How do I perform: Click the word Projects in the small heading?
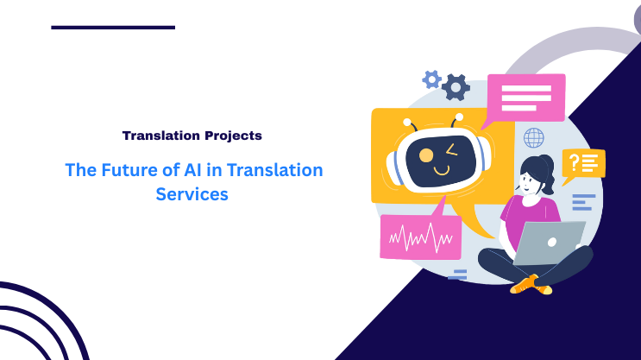click(232, 136)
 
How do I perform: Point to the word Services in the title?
click(192, 194)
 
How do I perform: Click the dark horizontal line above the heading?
click(113, 28)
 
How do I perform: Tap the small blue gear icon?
click(431, 79)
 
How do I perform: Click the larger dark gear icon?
click(456, 86)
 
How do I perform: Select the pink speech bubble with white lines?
click(525, 97)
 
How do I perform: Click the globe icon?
click(534, 137)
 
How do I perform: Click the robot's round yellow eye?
click(425, 155)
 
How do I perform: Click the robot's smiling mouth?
click(441, 170)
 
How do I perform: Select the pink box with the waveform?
click(420, 236)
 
